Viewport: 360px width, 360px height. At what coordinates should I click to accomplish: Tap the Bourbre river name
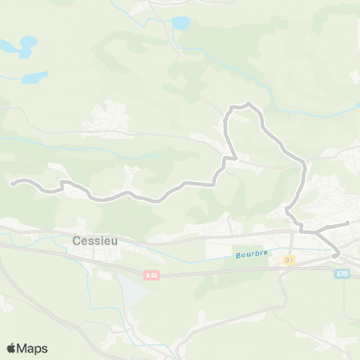click(x=251, y=253)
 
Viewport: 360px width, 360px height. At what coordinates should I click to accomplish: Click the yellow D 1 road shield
click(x=288, y=259)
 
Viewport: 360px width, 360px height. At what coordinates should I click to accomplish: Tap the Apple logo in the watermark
click(x=12, y=348)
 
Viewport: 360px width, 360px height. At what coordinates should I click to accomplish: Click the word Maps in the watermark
click(x=33, y=348)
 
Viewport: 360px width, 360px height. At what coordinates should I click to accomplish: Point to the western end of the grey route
click(x=12, y=181)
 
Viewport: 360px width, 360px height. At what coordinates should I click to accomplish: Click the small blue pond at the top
click(x=181, y=23)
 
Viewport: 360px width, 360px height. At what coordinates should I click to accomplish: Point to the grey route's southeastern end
click(x=335, y=256)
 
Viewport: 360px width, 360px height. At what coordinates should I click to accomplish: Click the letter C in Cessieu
click(x=78, y=241)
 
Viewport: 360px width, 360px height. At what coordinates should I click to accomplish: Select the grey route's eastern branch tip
click(x=348, y=223)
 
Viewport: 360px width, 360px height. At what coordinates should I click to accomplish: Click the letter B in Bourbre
click(x=237, y=253)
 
